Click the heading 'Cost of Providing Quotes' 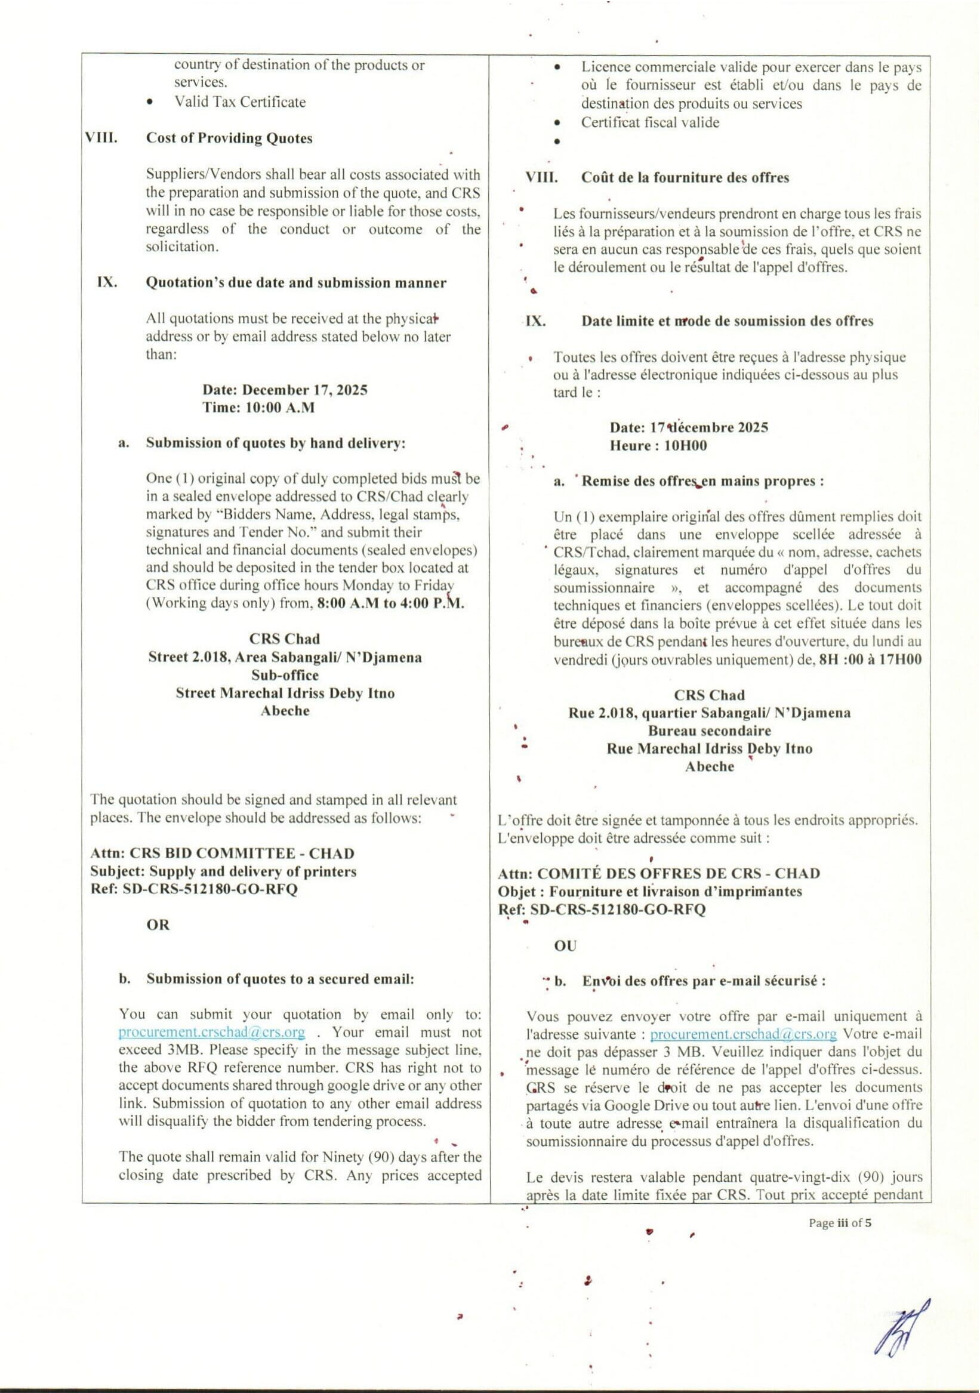click(x=229, y=138)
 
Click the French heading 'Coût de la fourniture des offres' click(x=685, y=178)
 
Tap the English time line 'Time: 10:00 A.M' click(x=258, y=407)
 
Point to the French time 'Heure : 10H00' click(x=658, y=445)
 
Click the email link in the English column click(x=212, y=1032)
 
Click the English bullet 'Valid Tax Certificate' click(x=240, y=102)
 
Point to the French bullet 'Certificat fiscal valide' click(x=650, y=122)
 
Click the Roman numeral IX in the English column click(x=107, y=283)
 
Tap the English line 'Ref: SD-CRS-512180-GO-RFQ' click(x=193, y=889)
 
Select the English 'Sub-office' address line click(x=285, y=674)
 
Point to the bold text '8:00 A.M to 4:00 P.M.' click(x=395, y=603)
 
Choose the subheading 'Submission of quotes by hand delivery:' click(x=276, y=443)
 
